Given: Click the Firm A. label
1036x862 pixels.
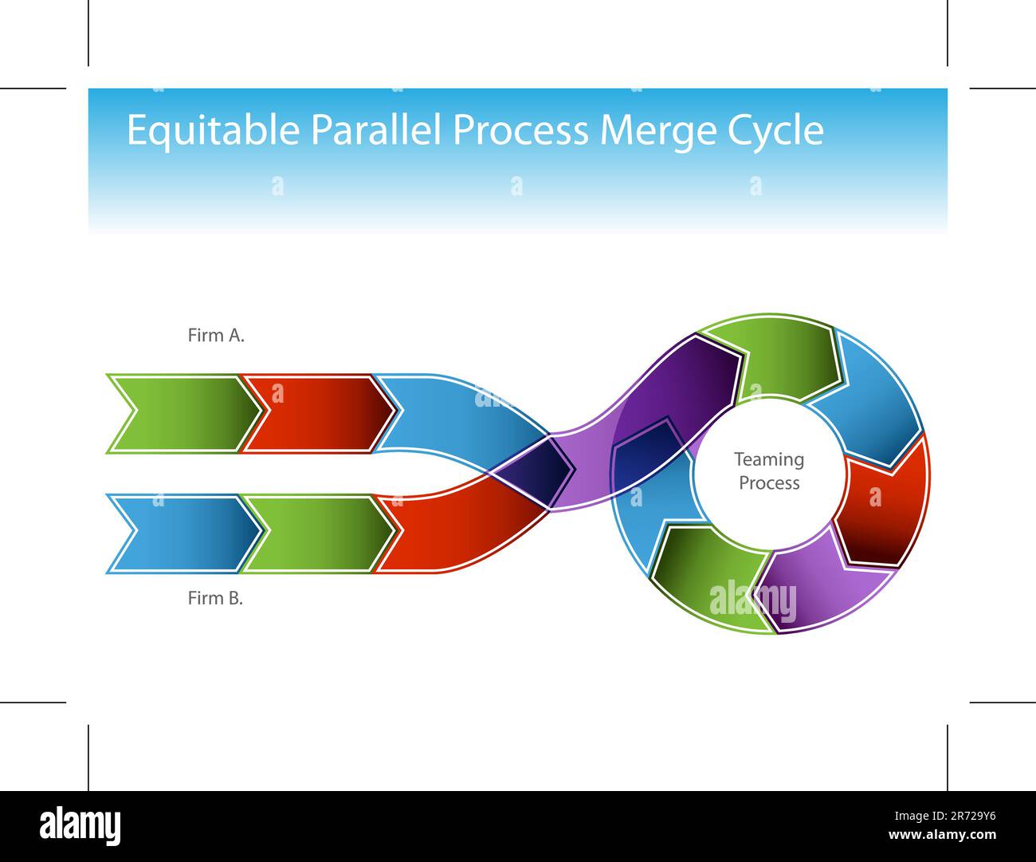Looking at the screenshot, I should (216, 336).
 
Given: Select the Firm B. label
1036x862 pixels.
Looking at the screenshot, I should (215, 598).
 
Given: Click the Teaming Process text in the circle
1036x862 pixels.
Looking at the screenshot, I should (769, 471).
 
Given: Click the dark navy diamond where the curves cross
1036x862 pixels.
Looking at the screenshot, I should (532, 473).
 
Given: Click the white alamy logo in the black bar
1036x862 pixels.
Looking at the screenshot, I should (80, 826).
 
